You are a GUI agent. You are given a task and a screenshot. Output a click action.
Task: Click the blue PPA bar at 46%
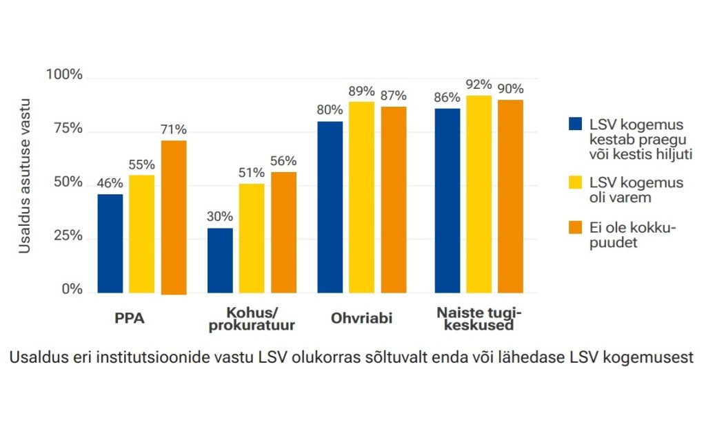pyautogui.click(x=110, y=243)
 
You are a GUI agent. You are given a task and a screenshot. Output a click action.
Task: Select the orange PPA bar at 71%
pyautogui.click(x=174, y=217)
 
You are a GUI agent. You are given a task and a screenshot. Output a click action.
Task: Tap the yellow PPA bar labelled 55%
pyautogui.click(x=141, y=234)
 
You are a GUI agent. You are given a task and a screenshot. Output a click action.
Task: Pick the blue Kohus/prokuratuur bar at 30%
pyautogui.click(x=220, y=260)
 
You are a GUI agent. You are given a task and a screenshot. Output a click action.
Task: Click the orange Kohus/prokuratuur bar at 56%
pyautogui.click(x=283, y=232)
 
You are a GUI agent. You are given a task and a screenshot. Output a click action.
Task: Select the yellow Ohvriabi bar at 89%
pyautogui.click(x=361, y=197)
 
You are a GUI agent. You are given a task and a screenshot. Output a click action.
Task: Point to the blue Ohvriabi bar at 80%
pyautogui.click(x=330, y=207)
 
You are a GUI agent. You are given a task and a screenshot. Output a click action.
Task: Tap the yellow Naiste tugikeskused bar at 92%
pyautogui.click(x=479, y=194)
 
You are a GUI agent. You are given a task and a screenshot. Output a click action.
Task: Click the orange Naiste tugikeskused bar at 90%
pyautogui.click(x=511, y=196)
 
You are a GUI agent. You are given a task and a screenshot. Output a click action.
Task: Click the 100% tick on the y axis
pyautogui.click(x=64, y=75)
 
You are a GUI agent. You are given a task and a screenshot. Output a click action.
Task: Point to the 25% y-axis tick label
pyautogui.click(x=68, y=236)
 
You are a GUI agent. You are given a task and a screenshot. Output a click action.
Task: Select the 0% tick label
pyautogui.click(x=71, y=290)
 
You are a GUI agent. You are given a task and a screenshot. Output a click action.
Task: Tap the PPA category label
pyautogui.click(x=129, y=319)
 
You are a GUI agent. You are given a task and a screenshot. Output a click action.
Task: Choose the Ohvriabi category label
pyautogui.click(x=361, y=319)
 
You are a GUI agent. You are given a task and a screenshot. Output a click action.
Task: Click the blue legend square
pyautogui.click(x=575, y=124)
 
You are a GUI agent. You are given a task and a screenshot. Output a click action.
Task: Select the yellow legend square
pyautogui.click(x=575, y=182)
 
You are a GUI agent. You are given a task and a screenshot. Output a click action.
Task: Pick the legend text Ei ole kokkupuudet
pyautogui.click(x=632, y=235)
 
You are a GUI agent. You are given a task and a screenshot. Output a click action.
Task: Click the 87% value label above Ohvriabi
pyautogui.click(x=393, y=96)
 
